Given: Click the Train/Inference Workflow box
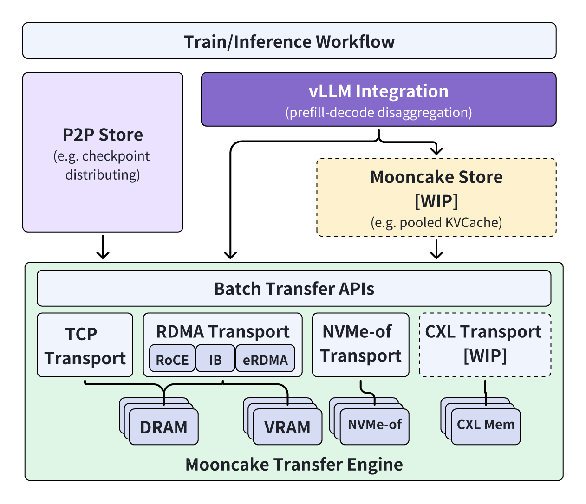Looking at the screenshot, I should (289, 41).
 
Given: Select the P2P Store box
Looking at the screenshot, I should (103, 152).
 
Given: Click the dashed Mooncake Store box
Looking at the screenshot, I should (436, 198).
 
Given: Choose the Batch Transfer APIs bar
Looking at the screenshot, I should (293, 289).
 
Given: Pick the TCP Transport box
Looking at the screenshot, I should (85, 345).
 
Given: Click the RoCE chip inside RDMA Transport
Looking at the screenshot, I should (172, 360).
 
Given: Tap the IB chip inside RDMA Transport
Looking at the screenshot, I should (215, 360).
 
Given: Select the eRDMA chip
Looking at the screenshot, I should (265, 360).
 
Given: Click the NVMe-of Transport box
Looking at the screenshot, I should (360, 344).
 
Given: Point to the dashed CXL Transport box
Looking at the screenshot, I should (485, 344).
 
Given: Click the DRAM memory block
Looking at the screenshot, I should (163, 427).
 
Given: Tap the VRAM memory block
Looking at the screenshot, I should (287, 427).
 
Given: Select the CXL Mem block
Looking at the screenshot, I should (486, 425).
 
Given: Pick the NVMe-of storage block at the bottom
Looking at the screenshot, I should (374, 425).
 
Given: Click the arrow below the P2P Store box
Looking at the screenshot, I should (103, 248).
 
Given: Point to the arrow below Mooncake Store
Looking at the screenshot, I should (436, 249).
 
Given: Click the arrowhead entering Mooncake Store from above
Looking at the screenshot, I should (436, 150).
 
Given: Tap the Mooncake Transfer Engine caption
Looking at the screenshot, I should (293, 465).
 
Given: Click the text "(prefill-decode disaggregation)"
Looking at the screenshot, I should (378, 113).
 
